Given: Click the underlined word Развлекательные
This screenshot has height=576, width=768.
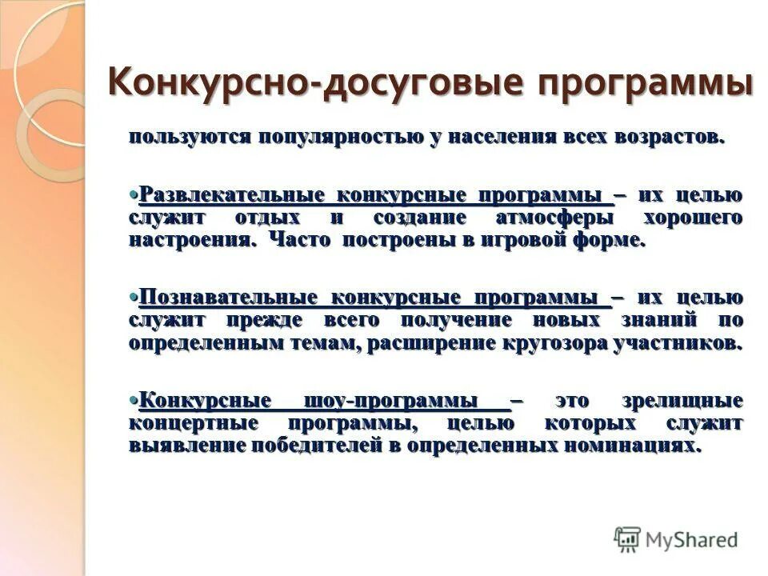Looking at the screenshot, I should coord(231,195).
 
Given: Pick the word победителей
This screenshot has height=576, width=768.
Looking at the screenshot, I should coord(312,446).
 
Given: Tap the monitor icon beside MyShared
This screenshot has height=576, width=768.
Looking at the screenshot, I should coord(628,538).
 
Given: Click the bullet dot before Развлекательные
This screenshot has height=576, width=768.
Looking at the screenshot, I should coord(134,194).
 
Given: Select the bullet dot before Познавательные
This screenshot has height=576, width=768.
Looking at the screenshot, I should coord(134,298).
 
